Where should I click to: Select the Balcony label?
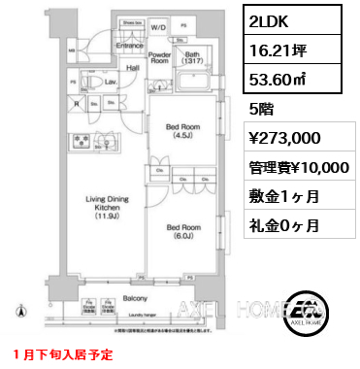click(x=135, y=301)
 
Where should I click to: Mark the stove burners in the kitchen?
click(x=81, y=146)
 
